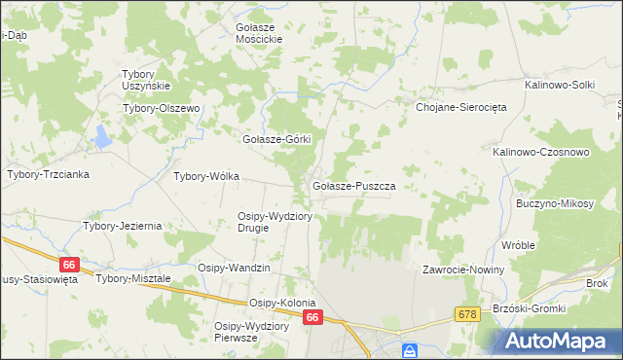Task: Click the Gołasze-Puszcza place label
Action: (352, 185)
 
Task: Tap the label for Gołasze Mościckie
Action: (259, 32)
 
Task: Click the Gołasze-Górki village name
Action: (275, 139)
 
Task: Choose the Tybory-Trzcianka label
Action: (48, 174)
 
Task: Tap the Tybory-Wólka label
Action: (205, 177)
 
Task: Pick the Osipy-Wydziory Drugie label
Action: (275, 222)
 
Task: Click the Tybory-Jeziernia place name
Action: (122, 226)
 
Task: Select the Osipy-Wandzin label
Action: (234, 268)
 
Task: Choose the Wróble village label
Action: (518, 245)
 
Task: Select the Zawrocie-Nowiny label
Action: (462, 270)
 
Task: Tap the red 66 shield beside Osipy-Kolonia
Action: (311, 318)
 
